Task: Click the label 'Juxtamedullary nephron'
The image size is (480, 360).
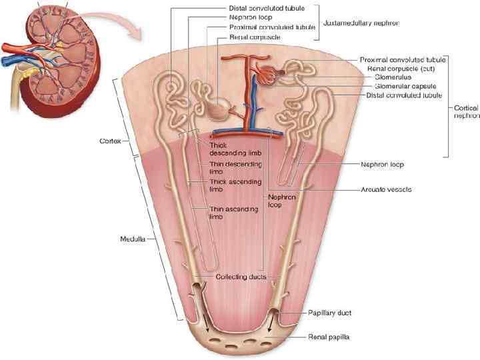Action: point(361,23)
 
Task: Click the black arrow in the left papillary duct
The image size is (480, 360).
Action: point(207,325)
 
